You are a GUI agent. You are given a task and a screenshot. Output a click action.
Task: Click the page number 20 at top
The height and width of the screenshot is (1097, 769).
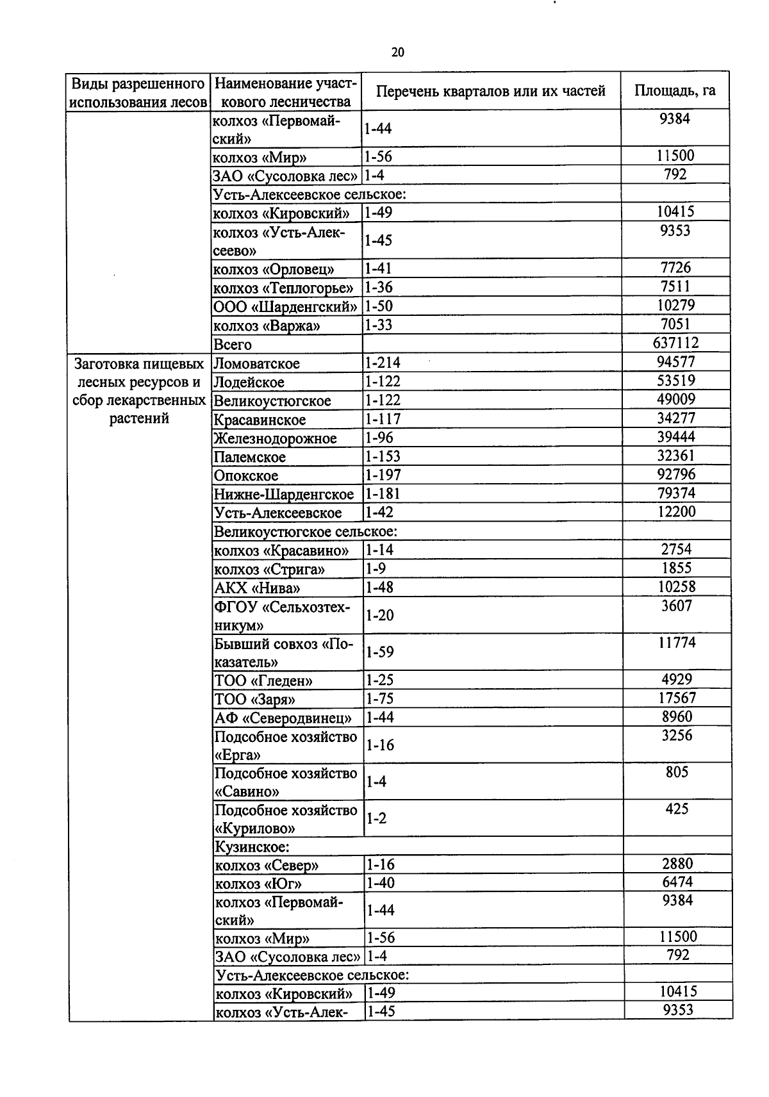tap(397, 53)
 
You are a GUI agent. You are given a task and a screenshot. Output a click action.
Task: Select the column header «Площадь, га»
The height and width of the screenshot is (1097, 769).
tap(675, 90)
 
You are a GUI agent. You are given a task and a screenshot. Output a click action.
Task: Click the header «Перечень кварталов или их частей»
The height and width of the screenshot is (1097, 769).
tap(490, 91)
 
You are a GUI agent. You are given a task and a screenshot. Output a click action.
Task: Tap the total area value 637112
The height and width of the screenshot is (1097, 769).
tap(675, 343)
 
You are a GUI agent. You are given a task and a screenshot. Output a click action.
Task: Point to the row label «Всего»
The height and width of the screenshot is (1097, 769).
tap(233, 345)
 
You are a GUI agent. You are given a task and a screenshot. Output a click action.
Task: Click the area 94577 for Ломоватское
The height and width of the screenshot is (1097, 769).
tap(675, 362)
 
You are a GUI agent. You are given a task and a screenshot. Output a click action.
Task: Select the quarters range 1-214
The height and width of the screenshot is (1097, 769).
tap(383, 363)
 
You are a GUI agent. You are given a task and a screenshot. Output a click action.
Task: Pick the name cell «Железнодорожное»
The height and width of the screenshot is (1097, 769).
tap(276, 438)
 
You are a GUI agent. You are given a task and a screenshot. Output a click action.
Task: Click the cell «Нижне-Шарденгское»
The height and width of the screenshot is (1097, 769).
tap(284, 495)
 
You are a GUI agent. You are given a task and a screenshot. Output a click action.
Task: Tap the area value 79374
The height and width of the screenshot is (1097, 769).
tap(676, 493)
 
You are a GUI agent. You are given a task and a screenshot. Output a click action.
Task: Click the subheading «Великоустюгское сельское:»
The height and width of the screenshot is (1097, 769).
tap(306, 532)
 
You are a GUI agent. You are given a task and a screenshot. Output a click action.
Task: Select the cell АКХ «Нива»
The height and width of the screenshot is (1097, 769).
tap(257, 588)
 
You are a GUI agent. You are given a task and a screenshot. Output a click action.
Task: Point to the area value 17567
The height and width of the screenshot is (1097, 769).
tap(677, 698)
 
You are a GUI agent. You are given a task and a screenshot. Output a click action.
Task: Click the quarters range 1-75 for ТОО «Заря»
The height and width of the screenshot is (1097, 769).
tap(379, 698)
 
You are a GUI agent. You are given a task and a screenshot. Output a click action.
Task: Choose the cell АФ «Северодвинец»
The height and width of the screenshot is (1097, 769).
tap(283, 718)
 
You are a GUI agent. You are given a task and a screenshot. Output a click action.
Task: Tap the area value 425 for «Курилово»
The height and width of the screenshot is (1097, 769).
tap(677, 809)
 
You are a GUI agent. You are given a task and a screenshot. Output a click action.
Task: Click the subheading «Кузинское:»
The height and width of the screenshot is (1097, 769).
tap(251, 847)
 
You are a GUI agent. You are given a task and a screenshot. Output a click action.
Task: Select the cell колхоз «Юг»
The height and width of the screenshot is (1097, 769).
tap(258, 884)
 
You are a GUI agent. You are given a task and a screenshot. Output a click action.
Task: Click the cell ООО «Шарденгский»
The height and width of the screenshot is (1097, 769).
tap(285, 307)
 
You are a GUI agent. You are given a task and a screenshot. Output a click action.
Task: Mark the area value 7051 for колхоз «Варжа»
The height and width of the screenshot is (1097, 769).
tap(675, 324)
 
